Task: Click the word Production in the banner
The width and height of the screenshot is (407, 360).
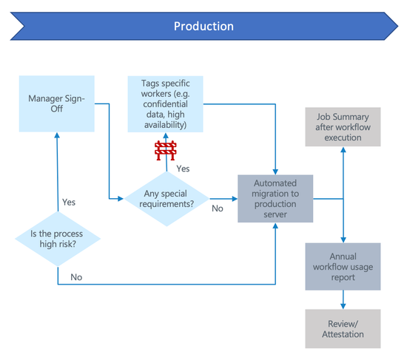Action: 203,27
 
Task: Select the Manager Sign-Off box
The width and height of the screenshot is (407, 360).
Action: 57,103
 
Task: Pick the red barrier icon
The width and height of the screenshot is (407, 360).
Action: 165,151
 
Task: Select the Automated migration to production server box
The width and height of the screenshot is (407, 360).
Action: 275,198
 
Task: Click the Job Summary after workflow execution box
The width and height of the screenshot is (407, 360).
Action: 343,126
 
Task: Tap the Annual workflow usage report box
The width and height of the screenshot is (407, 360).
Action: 343,266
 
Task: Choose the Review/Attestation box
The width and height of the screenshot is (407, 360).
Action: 343,328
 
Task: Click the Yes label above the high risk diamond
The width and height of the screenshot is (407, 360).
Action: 69,202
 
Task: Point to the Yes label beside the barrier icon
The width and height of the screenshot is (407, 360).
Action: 183,169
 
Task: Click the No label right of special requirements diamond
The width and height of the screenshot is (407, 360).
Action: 218,209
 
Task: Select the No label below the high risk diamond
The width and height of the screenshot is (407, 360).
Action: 75,276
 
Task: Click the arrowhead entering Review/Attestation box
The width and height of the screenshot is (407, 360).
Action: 343,306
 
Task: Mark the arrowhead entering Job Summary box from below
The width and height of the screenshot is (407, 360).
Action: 343,149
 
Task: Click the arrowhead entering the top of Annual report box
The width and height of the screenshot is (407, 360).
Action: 343,240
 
